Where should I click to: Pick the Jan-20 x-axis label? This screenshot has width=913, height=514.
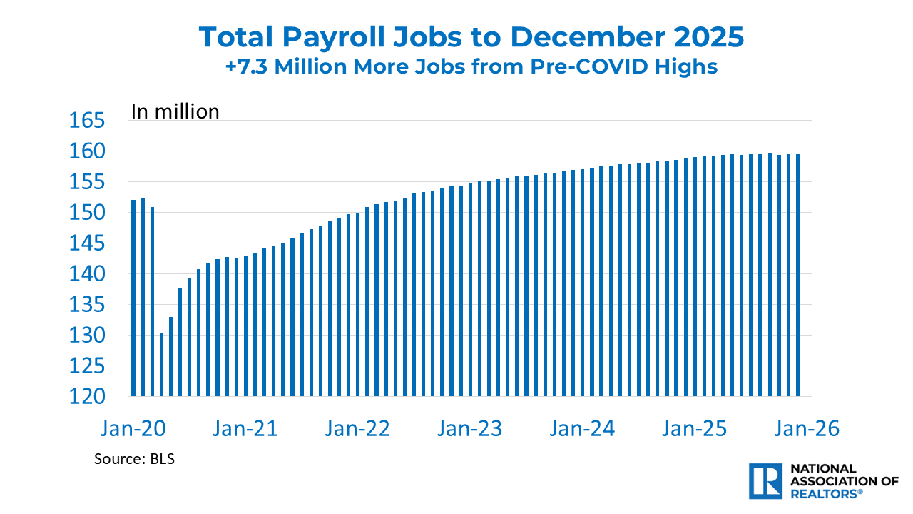[x=133, y=430]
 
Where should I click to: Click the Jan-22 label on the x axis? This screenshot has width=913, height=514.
[x=357, y=430]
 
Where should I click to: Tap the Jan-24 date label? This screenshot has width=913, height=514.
[x=582, y=430]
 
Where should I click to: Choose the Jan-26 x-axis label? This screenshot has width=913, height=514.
[x=807, y=430]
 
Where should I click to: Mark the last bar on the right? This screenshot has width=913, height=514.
[x=798, y=275]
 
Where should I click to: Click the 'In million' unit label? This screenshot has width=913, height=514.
[x=175, y=111]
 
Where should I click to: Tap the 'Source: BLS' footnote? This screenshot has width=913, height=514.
[x=134, y=459]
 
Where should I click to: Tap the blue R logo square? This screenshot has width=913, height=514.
[x=766, y=480]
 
